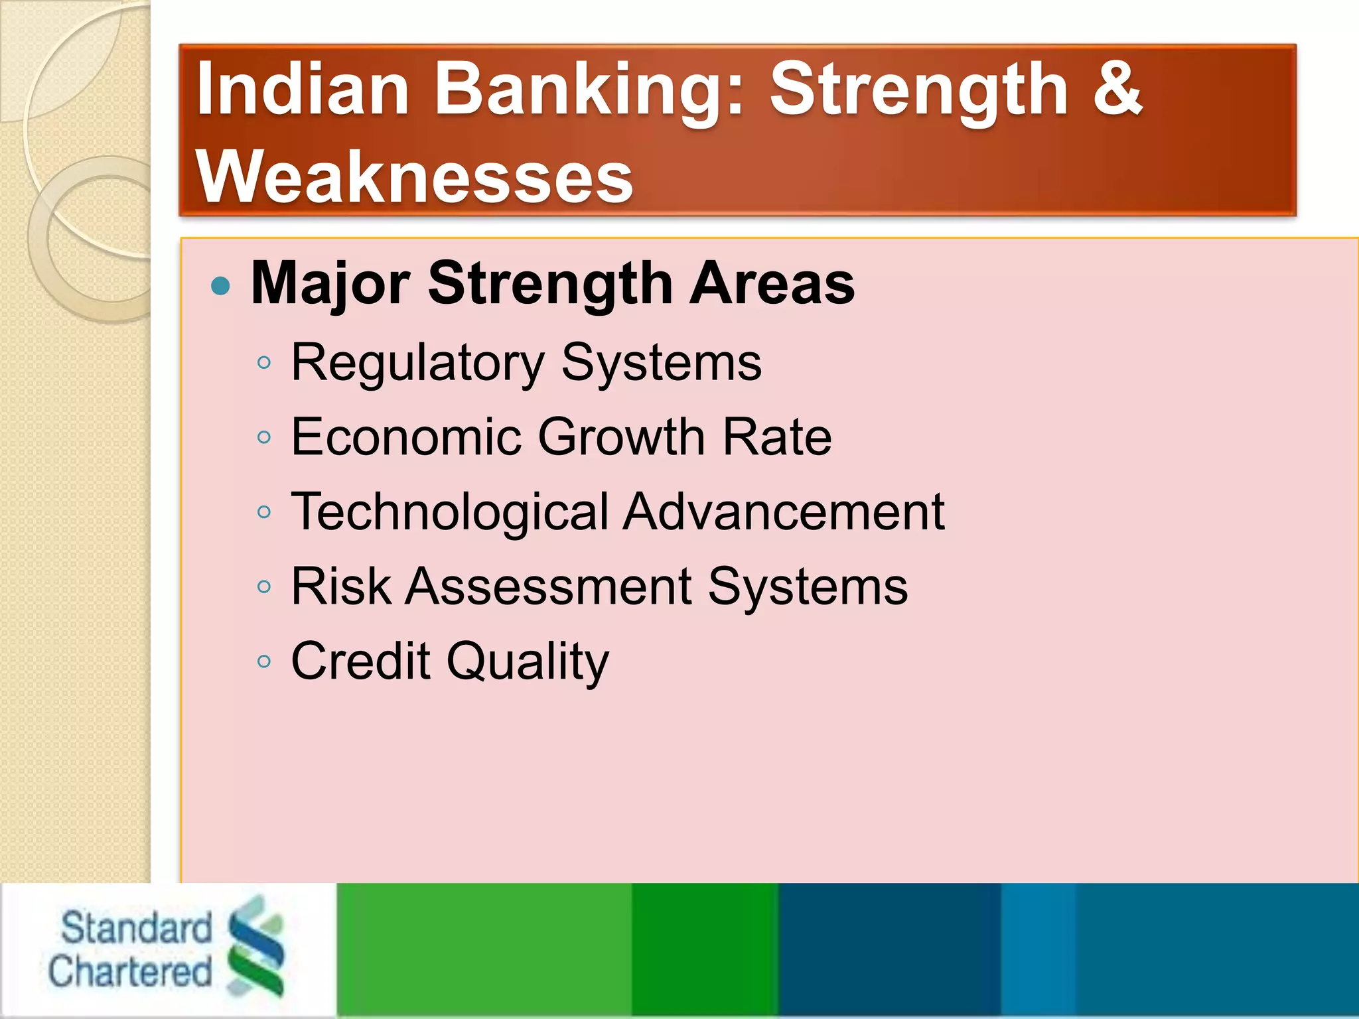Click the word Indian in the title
(x=302, y=90)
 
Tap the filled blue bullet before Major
(x=220, y=287)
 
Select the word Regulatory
(x=418, y=364)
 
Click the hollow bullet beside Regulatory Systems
(x=264, y=362)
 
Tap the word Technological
(x=450, y=512)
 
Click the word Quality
(x=527, y=662)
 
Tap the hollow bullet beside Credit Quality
(x=264, y=661)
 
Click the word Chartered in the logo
(x=130, y=971)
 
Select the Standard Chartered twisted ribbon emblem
(x=256, y=945)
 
